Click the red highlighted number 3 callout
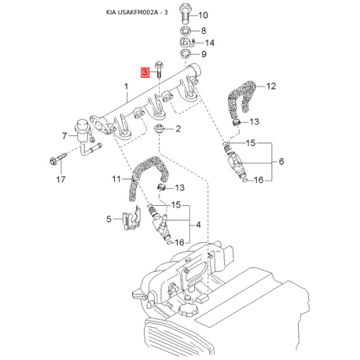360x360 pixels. tap(145, 72)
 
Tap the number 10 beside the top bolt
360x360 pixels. tap(203, 15)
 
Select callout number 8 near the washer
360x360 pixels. tap(204, 31)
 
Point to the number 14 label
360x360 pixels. tap(209, 42)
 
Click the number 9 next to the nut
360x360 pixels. tap(204, 54)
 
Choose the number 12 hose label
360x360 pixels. tap(271, 86)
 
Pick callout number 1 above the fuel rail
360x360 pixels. tap(127, 86)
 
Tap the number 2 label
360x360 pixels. tap(178, 129)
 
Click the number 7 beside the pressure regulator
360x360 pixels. tap(64, 136)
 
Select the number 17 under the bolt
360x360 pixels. tap(61, 180)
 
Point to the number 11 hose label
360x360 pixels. tap(116, 179)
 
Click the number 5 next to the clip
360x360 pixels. tap(108, 219)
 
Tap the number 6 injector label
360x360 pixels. tap(281, 161)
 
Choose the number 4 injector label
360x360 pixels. tap(198, 225)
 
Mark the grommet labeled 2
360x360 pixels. tap(159, 129)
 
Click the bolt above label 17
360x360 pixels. tap(58, 159)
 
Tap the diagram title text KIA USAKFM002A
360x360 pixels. tap(132, 13)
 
